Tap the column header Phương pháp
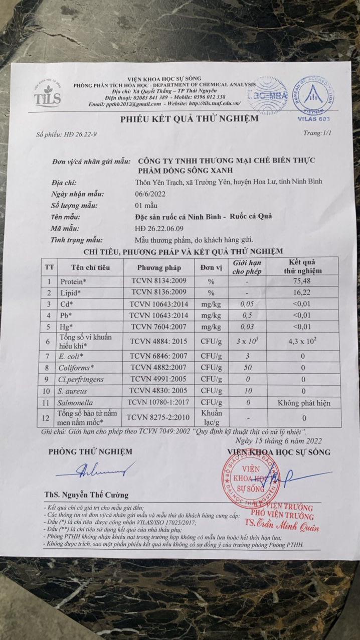(159, 267)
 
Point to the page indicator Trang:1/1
(317, 134)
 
